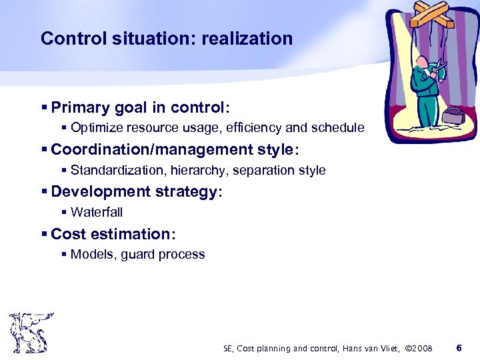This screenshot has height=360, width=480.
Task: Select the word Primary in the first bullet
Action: [80, 107]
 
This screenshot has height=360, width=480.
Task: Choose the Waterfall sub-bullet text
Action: [97, 212]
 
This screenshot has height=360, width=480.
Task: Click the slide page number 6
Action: [458, 347]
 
